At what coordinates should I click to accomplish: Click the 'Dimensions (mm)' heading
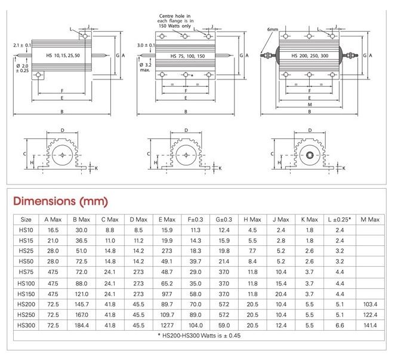click(61, 201)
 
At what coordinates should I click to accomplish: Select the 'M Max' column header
click(370, 219)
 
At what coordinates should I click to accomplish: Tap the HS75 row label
click(26, 272)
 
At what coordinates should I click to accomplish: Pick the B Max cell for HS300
click(81, 325)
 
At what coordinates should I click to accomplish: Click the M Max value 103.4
click(370, 304)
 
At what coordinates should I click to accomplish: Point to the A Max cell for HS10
click(53, 230)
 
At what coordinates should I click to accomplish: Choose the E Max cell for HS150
click(166, 293)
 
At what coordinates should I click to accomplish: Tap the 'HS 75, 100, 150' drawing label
click(187, 56)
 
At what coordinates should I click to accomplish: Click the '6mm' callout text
click(273, 29)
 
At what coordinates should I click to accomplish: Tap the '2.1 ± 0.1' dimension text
click(23, 45)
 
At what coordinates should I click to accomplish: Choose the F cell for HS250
click(195, 315)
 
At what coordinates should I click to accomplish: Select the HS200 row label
click(26, 304)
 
